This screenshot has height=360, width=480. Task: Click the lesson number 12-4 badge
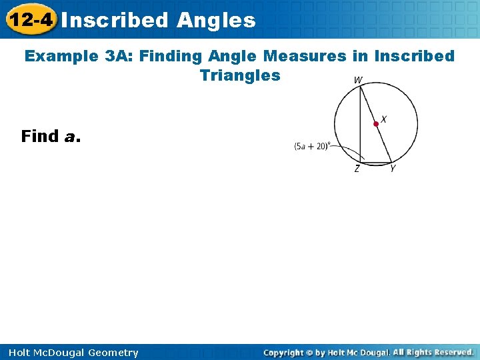[x=29, y=19]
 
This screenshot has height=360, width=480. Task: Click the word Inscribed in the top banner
[x=115, y=20]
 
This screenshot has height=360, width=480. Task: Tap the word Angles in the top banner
[x=216, y=20]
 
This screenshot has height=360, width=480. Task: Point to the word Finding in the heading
[x=167, y=57]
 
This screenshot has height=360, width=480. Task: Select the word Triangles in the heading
[x=240, y=75]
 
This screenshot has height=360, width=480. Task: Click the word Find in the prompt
[x=40, y=137]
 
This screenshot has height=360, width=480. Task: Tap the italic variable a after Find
[x=71, y=137]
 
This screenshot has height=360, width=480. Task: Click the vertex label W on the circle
[x=358, y=80]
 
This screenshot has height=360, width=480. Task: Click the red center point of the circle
[x=376, y=123]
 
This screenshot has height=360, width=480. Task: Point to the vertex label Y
[x=393, y=169]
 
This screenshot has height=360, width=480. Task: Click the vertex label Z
[x=357, y=169]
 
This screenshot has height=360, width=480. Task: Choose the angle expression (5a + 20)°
[x=311, y=146]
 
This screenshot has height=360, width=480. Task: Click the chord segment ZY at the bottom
[x=375, y=162]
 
